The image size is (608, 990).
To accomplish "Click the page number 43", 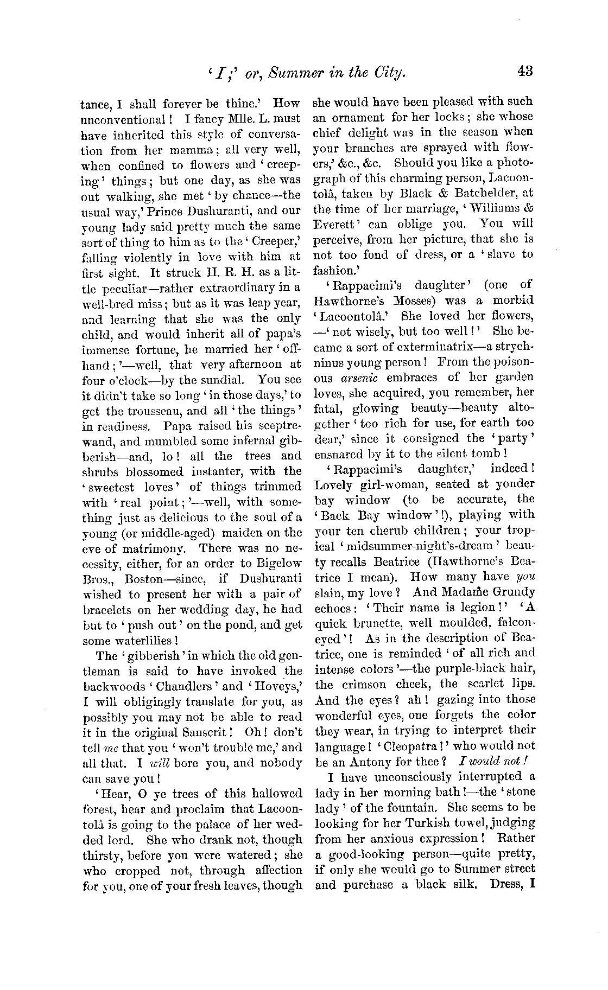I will pyautogui.click(x=526, y=71).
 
